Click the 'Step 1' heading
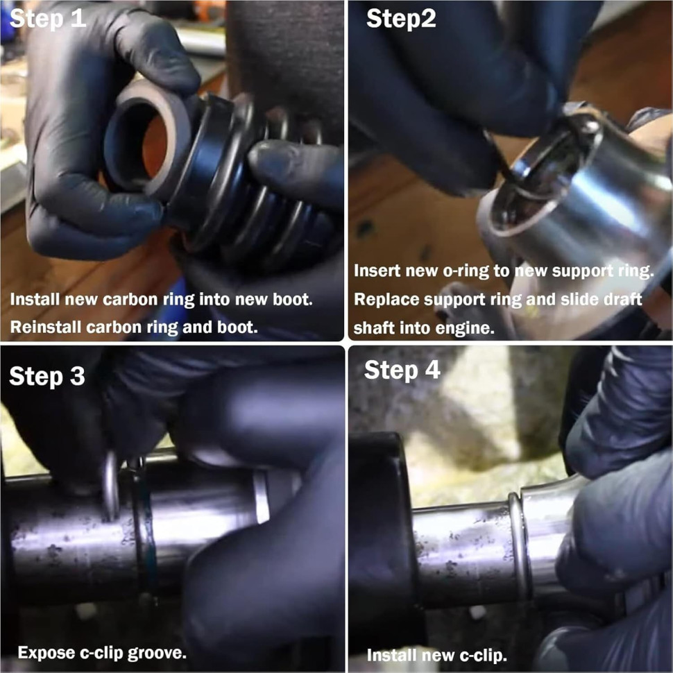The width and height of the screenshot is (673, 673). pyautogui.click(x=48, y=19)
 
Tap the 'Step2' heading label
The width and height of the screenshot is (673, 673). pyautogui.click(x=401, y=19)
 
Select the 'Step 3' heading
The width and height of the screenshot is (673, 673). pyautogui.click(x=47, y=377)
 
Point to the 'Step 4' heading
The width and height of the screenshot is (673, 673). pyautogui.click(x=402, y=370)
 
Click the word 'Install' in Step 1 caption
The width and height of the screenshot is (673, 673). pyautogui.click(x=35, y=300)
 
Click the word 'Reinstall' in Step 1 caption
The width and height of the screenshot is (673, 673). pyautogui.click(x=46, y=327)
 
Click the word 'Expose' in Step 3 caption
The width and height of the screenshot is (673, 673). pyautogui.click(x=46, y=654)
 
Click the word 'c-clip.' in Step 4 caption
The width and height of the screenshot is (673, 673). pyautogui.click(x=484, y=656)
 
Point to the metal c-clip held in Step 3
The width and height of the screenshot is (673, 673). pyautogui.click(x=112, y=485)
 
